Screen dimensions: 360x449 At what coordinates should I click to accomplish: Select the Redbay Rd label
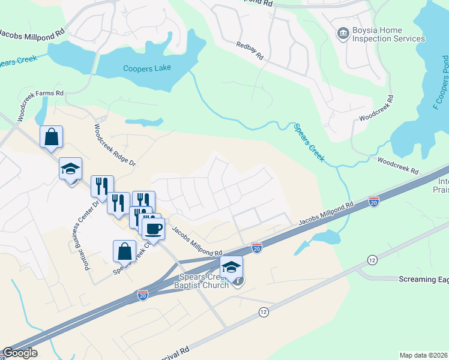(250, 50)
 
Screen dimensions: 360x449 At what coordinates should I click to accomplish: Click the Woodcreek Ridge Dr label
(115, 145)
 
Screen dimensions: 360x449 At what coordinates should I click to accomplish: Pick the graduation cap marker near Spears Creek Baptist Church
(231, 267)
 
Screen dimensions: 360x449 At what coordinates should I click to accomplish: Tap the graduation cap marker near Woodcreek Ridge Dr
(70, 169)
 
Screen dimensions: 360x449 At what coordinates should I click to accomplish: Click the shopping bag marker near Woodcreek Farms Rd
(51, 136)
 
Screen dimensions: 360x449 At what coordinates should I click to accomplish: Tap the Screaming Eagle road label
(424, 280)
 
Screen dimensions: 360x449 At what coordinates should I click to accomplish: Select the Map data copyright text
(424, 355)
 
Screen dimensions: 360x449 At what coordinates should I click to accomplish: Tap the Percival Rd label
(174, 351)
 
